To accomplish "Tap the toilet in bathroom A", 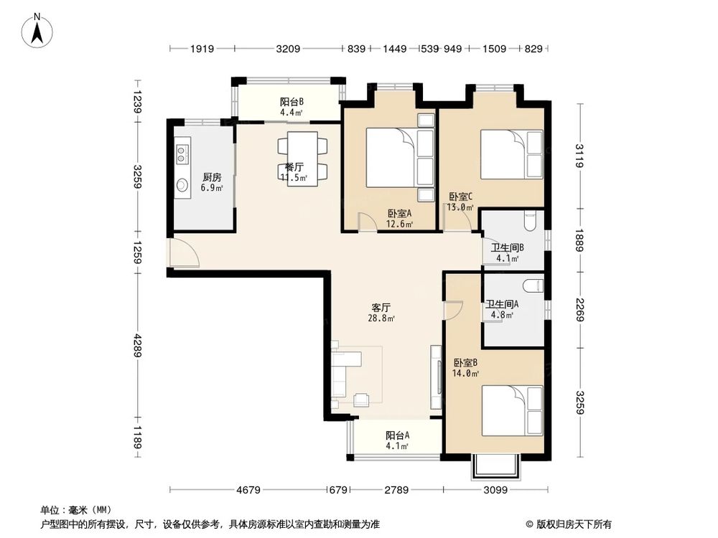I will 533,286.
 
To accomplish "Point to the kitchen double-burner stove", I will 182,152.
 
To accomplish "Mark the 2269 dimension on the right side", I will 579,310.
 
